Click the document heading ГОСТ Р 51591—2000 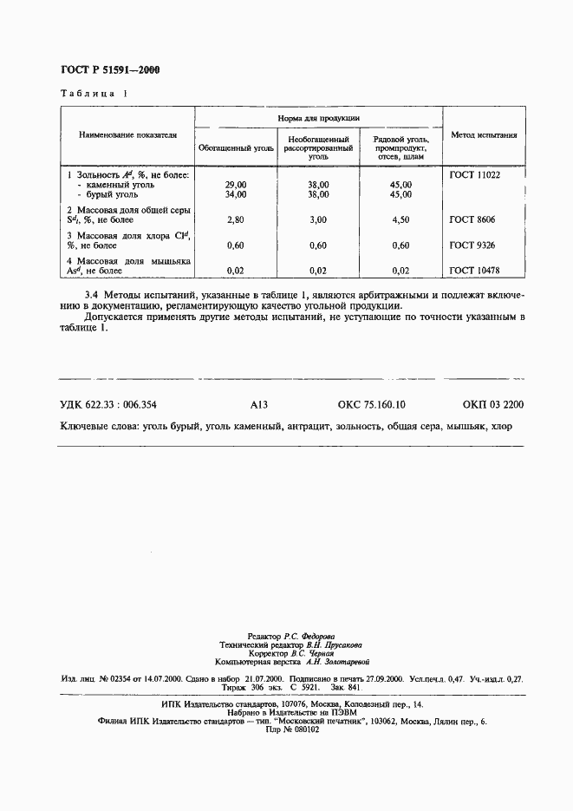[109, 70]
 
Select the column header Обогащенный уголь [236, 148]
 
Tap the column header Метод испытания [484, 135]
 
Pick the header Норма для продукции [318, 117]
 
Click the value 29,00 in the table [236, 185]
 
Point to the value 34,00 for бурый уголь [236, 195]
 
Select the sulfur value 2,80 [236, 220]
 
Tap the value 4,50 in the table [400, 220]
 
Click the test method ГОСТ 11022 [475, 174]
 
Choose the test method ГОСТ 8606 [472, 220]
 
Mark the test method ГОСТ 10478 [475, 271]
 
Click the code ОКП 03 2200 [493, 404]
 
